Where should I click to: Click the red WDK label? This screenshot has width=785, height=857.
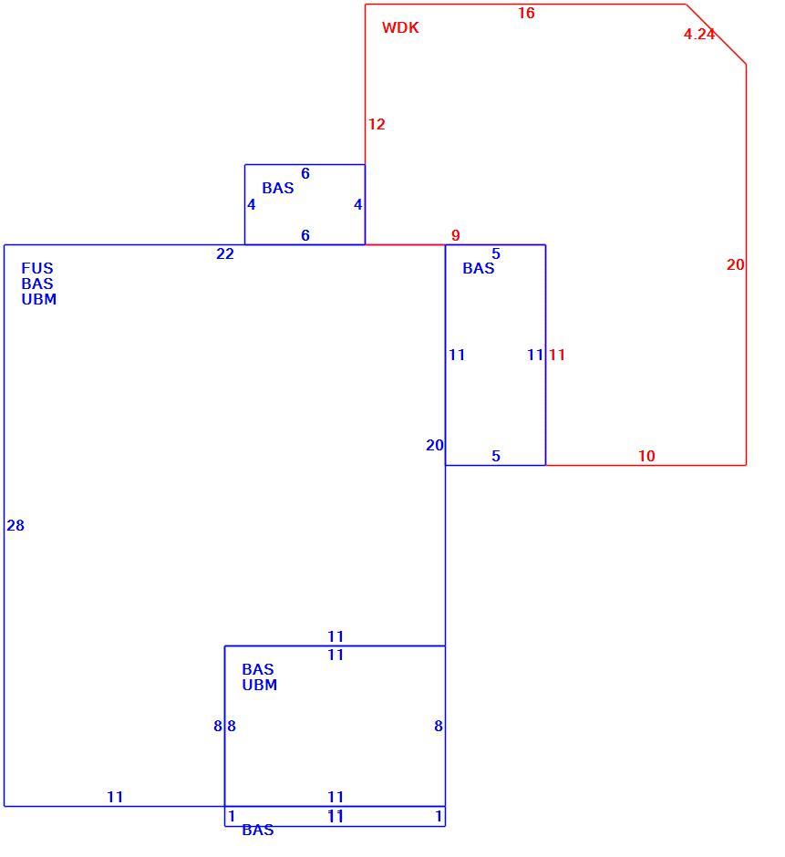pyautogui.click(x=400, y=27)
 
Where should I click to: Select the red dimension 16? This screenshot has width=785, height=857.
pyautogui.click(x=526, y=13)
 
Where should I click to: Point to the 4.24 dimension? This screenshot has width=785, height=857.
pyautogui.click(x=699, y=34)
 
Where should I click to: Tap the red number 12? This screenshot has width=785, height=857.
pyautogui.click(x=377, y=124)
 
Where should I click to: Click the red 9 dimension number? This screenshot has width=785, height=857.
pyautogui.click(x=455, y=235)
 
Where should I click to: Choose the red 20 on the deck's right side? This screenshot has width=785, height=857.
pyautogui.click(x=735, y=264)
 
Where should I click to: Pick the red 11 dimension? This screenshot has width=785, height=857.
pyautogui.click(x=556, y=355)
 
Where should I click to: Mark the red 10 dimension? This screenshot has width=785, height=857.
pyautogui.click(x=646, y=456)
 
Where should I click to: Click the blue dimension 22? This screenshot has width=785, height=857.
pyautogui.click(x=224, y=253)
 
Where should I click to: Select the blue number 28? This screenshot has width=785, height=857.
pyautogui.click(x=15, y=525)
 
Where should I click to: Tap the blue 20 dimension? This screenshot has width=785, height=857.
pyautogui.click(x=435, y=446)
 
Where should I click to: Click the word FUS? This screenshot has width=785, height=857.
pyautogui.click(x=37, y=268)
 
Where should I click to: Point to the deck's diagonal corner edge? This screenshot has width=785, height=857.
pyautogui.click(x=716, y=35)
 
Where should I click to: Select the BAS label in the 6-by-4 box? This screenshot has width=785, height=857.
pyautogui.click(x=278, y=188)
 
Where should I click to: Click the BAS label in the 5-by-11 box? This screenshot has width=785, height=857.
pyautogui.click(x=479, y=268)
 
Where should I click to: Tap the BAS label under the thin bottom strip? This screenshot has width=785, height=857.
pyautogui.click(x=257, y=830)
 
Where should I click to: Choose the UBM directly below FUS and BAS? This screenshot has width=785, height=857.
pyautogui.click(x=39, y=299)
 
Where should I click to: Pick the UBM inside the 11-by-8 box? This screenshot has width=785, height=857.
pyautogui.click(x=259, y=685)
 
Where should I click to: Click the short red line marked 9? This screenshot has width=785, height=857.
pyautogui.click(x=405, y=244)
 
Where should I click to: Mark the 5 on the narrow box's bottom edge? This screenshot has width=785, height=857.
pyautogui.click(x=496, y=456)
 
